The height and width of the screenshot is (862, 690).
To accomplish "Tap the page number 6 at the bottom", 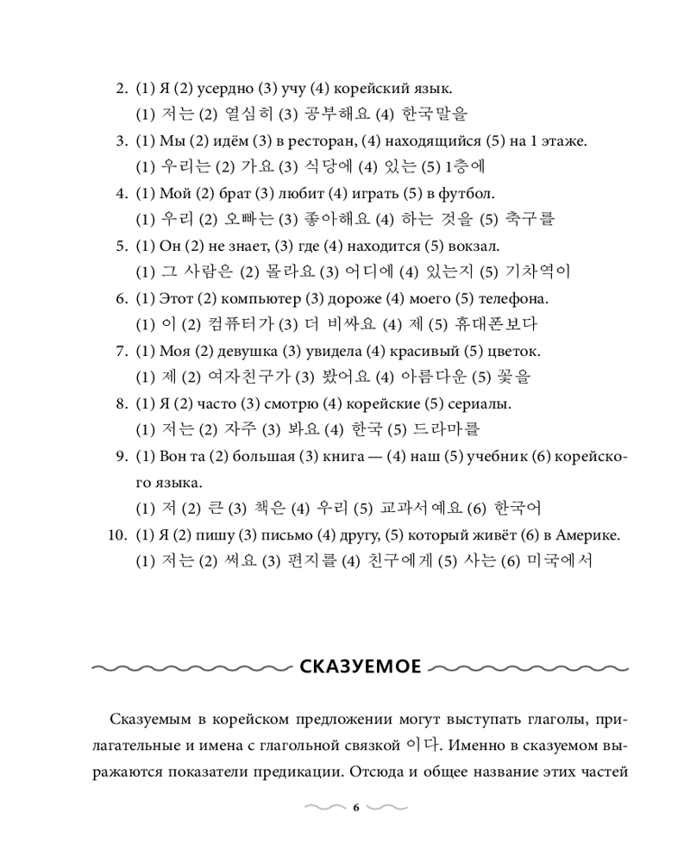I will [355, 808].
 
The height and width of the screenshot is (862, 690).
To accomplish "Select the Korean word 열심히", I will [235, 113].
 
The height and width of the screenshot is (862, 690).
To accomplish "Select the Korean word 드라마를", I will [444, 429].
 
